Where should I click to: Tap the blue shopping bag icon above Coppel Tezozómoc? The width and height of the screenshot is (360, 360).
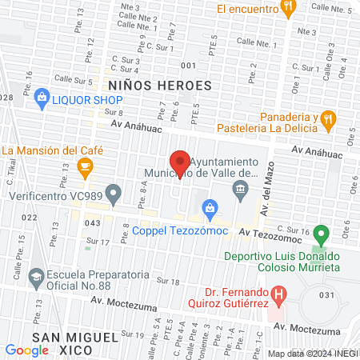(x=210, y=208)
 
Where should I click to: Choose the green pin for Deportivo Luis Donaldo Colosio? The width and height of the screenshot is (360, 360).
(x=321, y=235)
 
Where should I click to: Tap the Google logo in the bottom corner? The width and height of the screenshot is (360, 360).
(x=27, y=350)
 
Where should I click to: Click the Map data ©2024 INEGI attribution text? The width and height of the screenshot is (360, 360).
(x=313, y=354)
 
